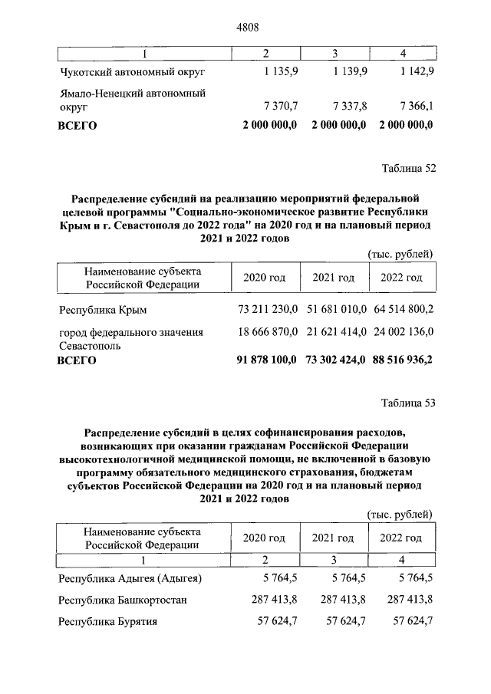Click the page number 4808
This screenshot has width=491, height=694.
tap(245, 27)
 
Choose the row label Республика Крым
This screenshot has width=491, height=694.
tap(103, 310)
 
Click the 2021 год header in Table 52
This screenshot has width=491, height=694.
tap(333, 277)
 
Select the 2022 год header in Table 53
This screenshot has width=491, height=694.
tap(402, 538)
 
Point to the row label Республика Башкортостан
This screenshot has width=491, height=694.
tap(124, 600)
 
